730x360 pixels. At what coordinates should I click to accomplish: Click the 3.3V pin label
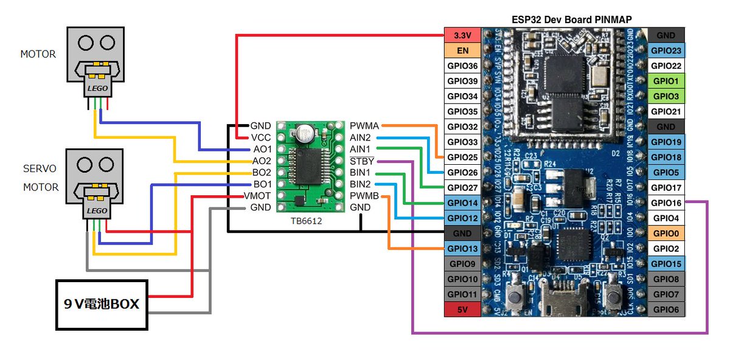tap(463, 35)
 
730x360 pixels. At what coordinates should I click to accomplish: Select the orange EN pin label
tap(463, 50)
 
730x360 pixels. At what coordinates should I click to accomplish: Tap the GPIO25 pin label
tap(463, 157)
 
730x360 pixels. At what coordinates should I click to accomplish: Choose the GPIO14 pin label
tap(463, 202)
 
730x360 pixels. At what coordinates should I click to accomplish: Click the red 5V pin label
tap(463, 309)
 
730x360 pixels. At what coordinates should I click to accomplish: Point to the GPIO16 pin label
tap(667, 202)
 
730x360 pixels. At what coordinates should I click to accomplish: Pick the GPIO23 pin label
tap(667, 50)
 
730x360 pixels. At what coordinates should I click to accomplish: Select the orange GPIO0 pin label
tap(667, 233)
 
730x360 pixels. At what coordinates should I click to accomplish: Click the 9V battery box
tap(102, 303)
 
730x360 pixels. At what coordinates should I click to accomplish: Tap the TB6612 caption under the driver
tap(306, 221)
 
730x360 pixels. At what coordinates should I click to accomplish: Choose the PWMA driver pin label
tap(364, 126)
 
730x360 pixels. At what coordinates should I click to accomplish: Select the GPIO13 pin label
tap(463, 248)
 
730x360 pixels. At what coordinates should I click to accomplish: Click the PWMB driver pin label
tap(364, 196)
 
